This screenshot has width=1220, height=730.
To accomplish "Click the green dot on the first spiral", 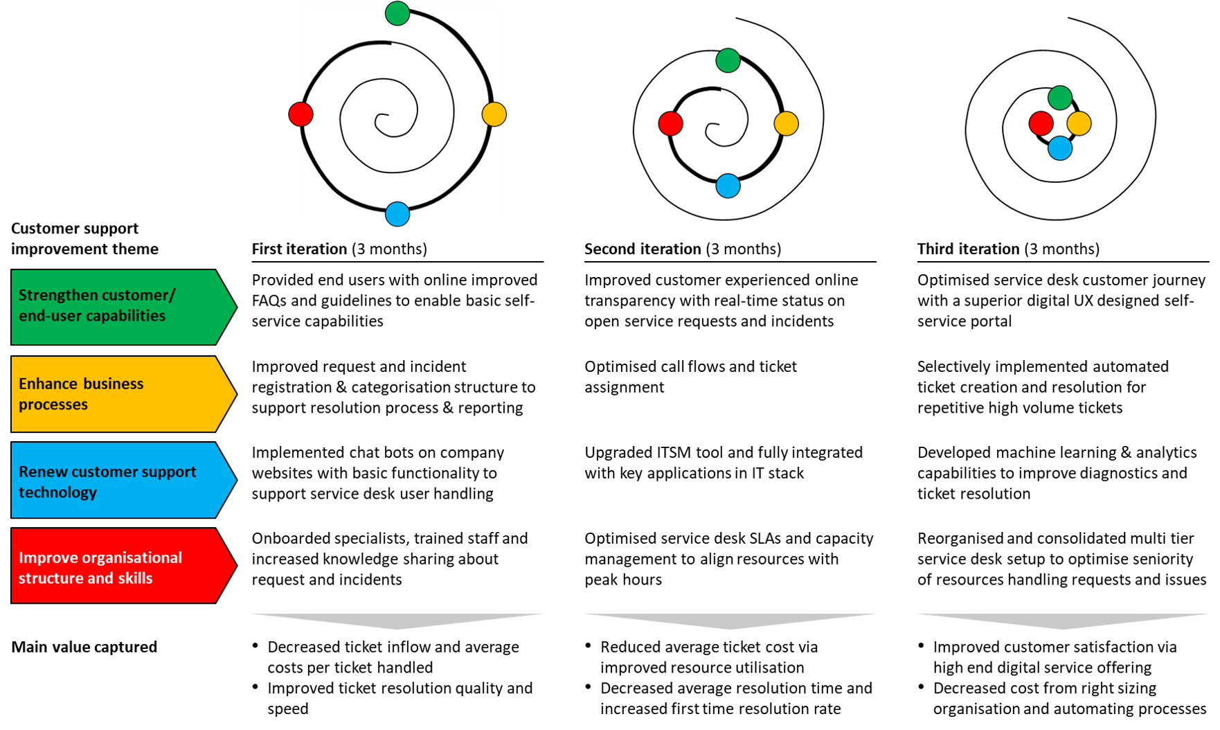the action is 397,13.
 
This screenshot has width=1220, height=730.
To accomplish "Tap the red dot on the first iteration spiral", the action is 300,114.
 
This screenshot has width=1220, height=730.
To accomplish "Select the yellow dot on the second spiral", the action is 786,123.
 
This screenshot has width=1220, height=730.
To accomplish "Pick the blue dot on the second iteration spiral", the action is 728,186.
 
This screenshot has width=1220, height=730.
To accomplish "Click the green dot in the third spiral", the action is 1060,98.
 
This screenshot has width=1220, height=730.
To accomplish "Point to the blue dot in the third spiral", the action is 1060,148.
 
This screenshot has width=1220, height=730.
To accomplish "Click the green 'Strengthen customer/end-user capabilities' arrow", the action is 124,307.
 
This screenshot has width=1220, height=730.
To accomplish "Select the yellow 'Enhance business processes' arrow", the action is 124,393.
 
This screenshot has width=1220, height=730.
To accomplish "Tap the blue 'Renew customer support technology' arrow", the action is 124,480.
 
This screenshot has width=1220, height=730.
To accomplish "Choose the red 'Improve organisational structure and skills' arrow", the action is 124,566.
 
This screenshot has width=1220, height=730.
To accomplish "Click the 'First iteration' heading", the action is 299,249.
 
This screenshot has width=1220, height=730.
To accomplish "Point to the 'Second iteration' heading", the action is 643,249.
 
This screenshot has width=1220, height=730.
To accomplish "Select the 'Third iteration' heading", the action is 968,249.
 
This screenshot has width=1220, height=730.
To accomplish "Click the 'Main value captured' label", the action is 84,647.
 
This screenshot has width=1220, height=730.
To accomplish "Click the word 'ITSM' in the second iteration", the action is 674,452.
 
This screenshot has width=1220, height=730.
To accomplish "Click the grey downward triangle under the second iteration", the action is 730,621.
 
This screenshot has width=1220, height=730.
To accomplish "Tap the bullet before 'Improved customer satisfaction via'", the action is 921,646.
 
